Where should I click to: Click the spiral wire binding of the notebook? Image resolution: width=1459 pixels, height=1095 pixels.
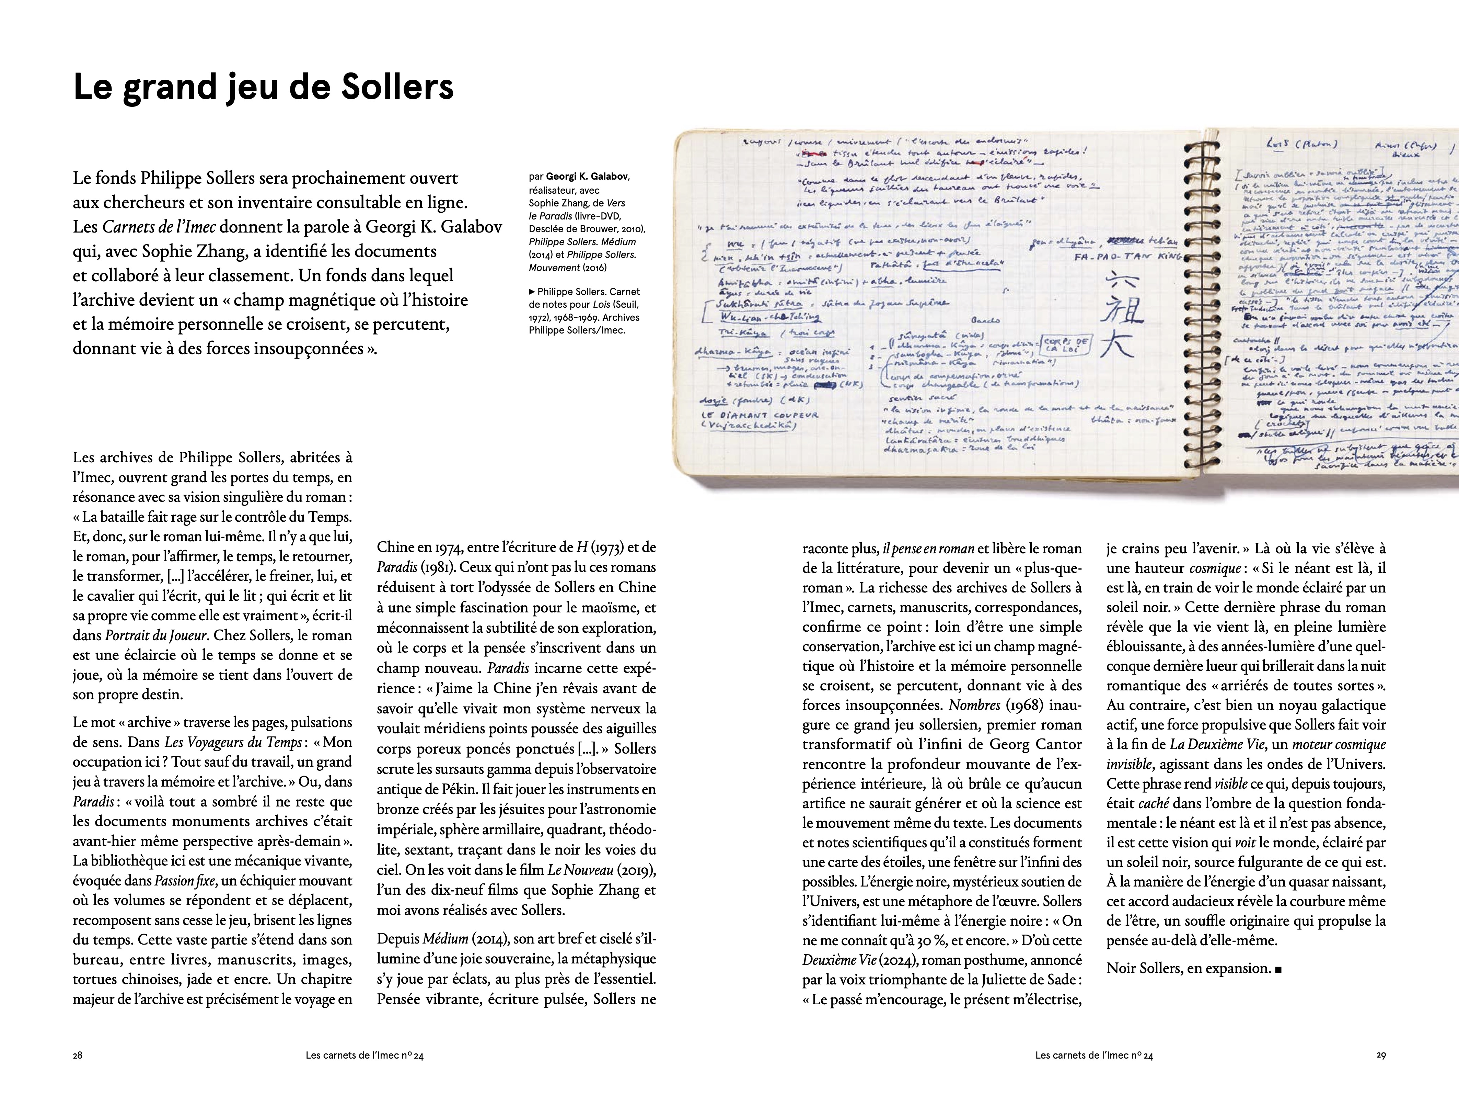coord(1201,304)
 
